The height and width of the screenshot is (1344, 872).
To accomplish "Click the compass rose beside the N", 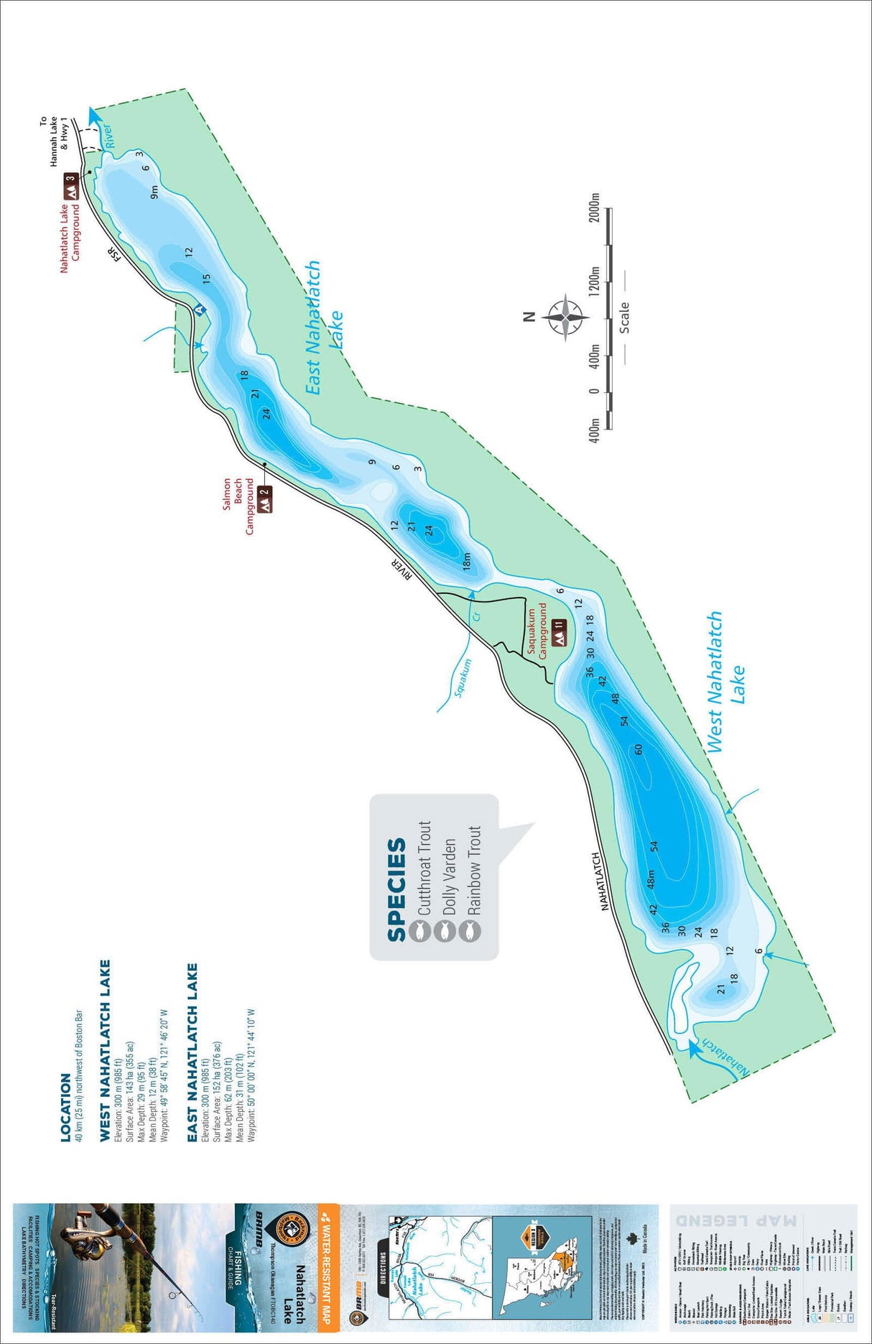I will tap(566, 316).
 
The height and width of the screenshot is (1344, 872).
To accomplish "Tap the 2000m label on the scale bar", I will tap(594, 208).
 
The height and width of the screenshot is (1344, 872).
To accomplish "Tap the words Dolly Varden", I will tap(449, 876).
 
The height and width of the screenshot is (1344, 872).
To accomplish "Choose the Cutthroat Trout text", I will tap(424, 867).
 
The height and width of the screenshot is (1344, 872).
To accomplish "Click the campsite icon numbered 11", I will tap(560, 632).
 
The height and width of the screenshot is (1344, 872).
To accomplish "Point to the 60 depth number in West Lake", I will tap(639, 749).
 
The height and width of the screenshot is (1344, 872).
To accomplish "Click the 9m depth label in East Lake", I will tap(154, 192).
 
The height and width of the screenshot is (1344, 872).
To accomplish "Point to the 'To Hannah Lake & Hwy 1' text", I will tap(54, 142).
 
